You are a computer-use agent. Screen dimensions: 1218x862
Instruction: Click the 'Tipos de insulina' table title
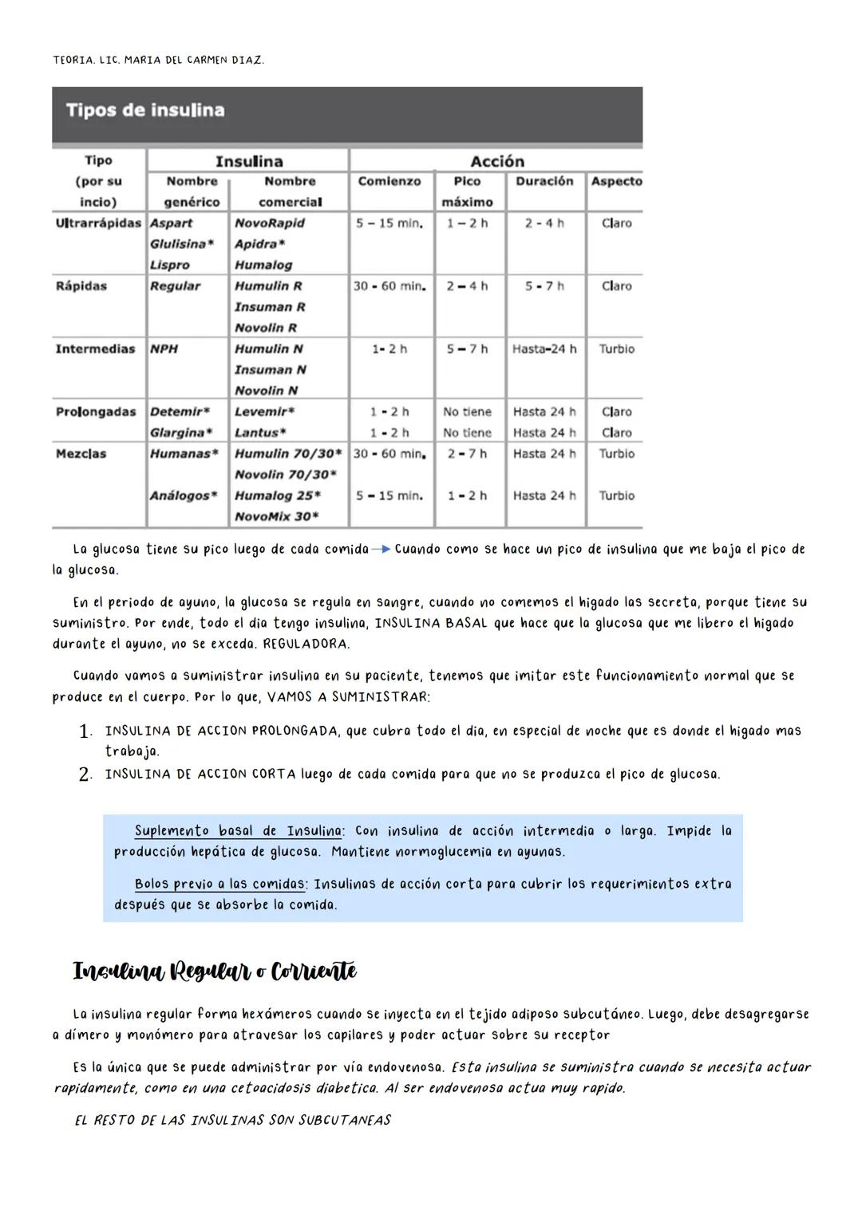(x=144, y=110)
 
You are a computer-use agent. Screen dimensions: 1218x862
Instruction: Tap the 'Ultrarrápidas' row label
(x=98, y=223)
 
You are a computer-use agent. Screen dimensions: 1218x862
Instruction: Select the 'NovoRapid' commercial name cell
(x=270, y=223)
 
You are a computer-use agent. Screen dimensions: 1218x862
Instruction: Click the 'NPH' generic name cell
(x=164, y=349)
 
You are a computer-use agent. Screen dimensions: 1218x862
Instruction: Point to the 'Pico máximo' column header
(x=468, y=191)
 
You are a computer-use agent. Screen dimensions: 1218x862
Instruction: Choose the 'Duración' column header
(x=544, y=182)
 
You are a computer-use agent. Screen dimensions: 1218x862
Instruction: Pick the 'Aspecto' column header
(x=616, y=182)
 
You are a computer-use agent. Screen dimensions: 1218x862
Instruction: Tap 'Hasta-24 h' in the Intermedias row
(x=544, y=349)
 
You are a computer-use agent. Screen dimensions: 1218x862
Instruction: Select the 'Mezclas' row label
(x=81, y=454)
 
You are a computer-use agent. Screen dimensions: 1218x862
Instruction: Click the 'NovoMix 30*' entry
(x=277, y=517)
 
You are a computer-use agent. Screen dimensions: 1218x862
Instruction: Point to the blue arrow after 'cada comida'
(x=382, y=550)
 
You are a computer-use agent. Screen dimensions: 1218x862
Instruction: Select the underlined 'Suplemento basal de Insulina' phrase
(x=238, y=831)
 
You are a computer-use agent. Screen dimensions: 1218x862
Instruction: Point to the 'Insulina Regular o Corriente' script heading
(x=215, y=972)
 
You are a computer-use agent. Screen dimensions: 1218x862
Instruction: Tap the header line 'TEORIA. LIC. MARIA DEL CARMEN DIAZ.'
(x=158, y=60)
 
